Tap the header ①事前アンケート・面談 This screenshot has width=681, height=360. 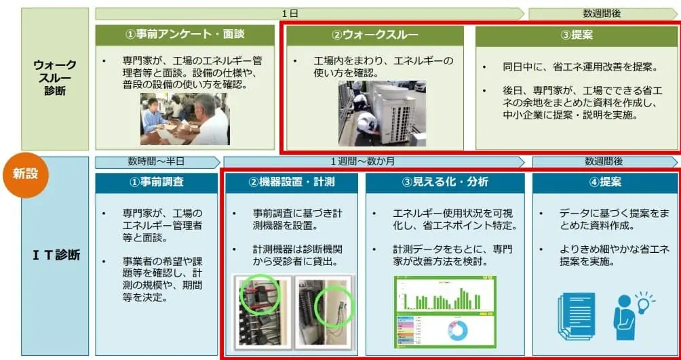click(184, 35)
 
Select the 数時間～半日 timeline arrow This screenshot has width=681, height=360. click(157, 162)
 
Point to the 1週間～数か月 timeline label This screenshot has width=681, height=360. click(374, 162)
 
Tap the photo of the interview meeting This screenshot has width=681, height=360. click(184, 119)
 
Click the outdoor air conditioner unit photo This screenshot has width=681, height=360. click(382, 113)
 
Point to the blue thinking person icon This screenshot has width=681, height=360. click(625, 317)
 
